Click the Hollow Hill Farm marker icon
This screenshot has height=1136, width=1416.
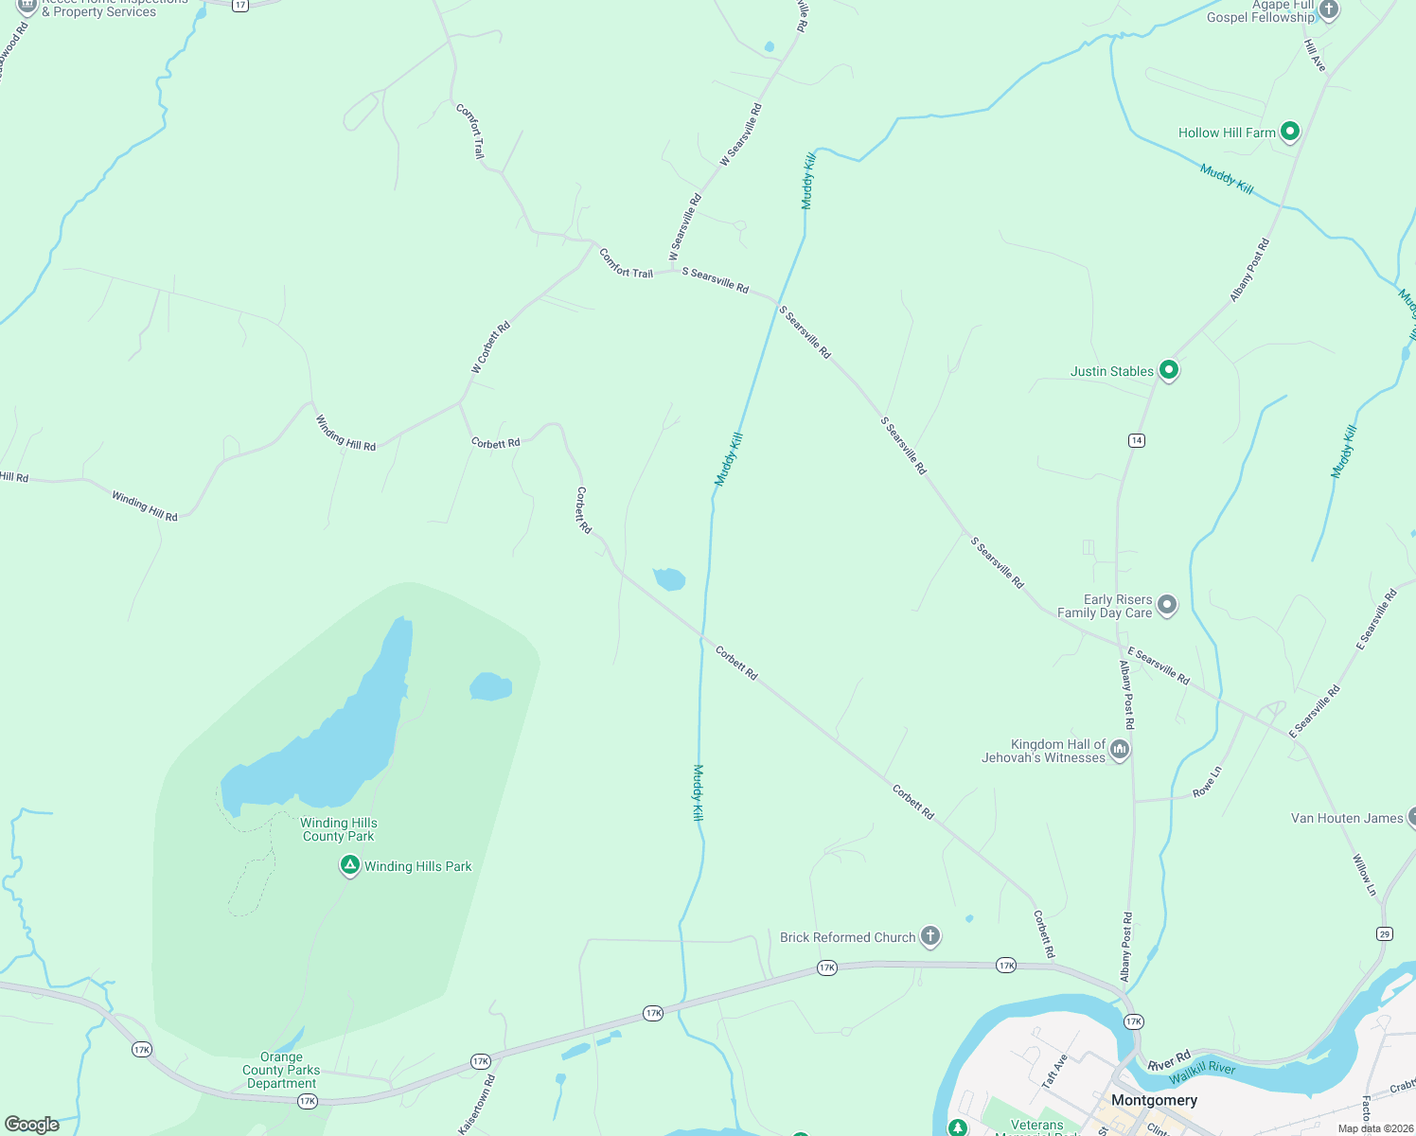point(1289,132)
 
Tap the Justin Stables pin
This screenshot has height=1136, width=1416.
point(1169,370)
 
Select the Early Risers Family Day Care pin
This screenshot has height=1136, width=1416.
point(1167,604)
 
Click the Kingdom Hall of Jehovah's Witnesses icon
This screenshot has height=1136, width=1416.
point(1120,750)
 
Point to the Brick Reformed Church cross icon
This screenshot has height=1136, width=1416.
point(930,936)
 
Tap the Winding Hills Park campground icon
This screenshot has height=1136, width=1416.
point(350,865)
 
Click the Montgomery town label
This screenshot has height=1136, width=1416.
point(1154,1100)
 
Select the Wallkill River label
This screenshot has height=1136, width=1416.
point(1202,1072)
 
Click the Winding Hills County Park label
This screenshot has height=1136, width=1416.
point(339,830)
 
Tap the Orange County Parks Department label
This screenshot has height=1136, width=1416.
point(282,1071)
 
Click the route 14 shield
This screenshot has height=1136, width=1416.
point(1137,440)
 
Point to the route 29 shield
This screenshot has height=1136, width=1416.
point(1385,934)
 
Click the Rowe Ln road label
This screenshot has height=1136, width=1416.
point(1208,782)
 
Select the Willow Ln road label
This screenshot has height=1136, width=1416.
point(1364,875)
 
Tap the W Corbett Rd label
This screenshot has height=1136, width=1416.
point(491,347)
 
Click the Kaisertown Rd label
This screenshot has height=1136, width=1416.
point(476,1104)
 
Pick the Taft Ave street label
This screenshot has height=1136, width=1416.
point(1054,1072)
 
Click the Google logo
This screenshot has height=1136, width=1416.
point(32,1125)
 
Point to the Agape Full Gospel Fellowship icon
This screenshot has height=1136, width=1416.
point(1329,10)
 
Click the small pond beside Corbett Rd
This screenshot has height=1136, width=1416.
point(669,578)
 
